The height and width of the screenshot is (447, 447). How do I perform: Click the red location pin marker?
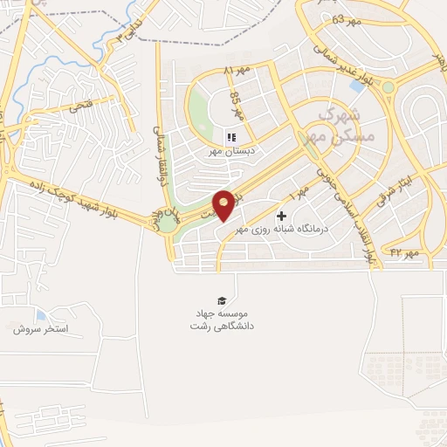pyautogui.click(x=224, y=204)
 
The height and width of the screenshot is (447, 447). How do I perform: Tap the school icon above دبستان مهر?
pyautogui.click(x=231, y=137)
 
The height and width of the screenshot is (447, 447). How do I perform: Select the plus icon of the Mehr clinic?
pyautogui.click(x=281, y=216)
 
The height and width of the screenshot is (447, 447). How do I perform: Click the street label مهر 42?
pyautogui.click(x=406, y=252)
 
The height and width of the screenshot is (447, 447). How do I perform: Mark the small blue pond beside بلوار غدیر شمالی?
pyautogui.click(x=357, y=86)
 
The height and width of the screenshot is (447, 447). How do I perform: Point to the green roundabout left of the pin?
pyautogui.click(x=166, y=222)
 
